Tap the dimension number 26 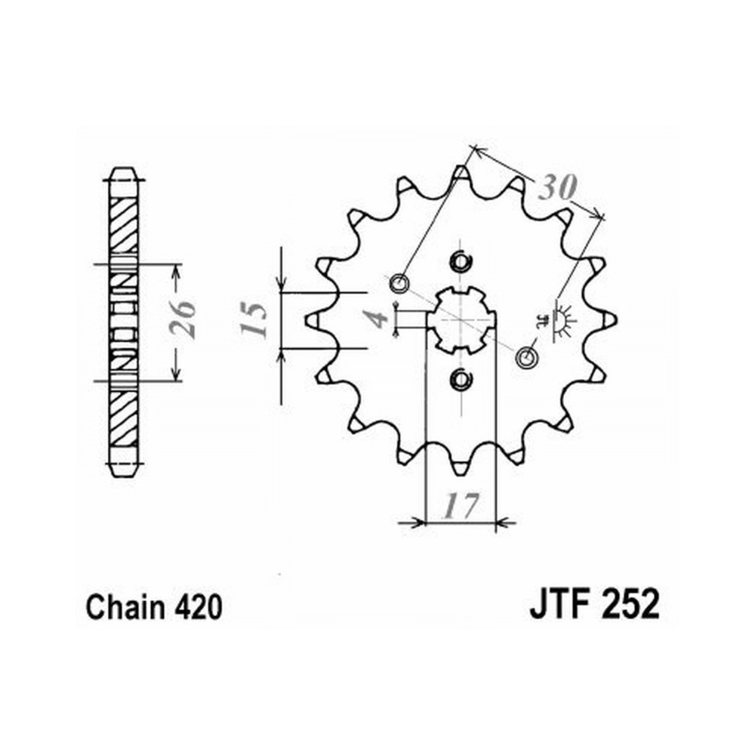click(183, 319)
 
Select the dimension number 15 click(253, 319)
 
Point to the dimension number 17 click(461, 505)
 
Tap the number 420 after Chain click(199, 607)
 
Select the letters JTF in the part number click(559, 604)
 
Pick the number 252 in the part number click(630, 604)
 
